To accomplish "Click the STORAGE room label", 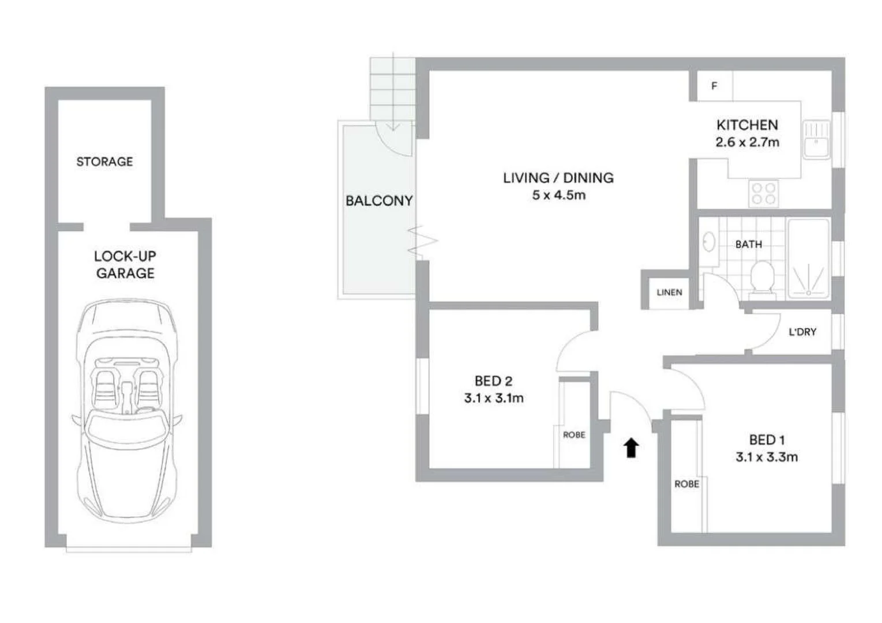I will [104, 162].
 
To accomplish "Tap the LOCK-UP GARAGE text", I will [125, 265].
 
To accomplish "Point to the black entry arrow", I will [632, 448].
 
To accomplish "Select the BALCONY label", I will [379, 201].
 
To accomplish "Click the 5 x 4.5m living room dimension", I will [558, 195].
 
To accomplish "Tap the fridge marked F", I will [714, 86].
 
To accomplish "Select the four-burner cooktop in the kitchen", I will [763, 193].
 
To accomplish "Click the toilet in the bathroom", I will [763, 278].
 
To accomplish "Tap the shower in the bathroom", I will [809, 260].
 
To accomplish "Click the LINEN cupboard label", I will [669, 292].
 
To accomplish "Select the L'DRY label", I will [802, 332].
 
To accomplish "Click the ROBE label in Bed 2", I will [574, 435].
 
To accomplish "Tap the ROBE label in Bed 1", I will [686, 484].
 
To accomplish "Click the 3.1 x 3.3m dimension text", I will [767, 457].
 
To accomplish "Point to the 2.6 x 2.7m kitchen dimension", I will [747, 142].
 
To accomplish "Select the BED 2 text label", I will [493, 381].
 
